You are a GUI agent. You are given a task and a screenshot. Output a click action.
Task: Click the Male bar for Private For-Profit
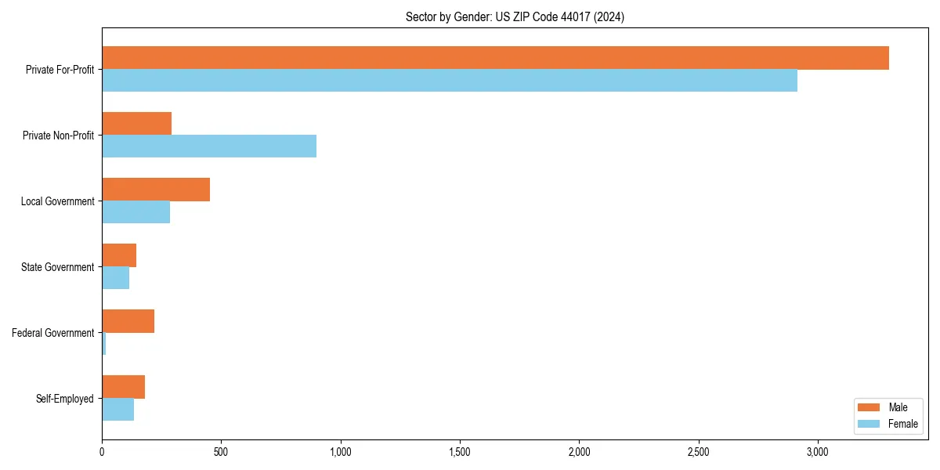[495, 58]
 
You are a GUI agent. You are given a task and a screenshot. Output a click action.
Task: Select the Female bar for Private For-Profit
[450, 81]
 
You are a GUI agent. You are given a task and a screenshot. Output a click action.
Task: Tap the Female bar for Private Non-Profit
[209, 146]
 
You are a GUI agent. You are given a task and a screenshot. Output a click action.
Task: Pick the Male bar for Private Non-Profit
[137, 124]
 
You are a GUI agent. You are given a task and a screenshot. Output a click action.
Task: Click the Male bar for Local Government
[156, 190]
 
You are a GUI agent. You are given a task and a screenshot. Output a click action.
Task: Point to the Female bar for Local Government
[136, 212]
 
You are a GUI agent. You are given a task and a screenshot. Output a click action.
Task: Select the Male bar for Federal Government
[128, 321]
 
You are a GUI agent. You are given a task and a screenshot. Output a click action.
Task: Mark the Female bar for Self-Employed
[118, 410]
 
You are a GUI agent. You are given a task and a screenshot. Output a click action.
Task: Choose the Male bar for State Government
[119, 255]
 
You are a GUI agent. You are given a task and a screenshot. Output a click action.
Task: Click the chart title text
[515, 16]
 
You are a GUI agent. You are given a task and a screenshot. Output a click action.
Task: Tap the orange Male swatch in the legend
[869, 407]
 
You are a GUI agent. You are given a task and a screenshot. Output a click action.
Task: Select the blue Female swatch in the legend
[869, 424]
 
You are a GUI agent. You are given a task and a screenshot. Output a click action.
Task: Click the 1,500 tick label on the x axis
[460, 453]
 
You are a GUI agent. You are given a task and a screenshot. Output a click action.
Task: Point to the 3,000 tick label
[817, 453]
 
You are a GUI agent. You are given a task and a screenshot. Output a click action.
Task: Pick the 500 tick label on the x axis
[221, 453]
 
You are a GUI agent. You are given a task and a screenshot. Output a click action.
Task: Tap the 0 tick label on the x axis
[102, 453]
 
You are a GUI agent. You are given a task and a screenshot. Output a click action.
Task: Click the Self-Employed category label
[65, 399]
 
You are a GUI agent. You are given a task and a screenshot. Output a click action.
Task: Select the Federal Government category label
[53, 333]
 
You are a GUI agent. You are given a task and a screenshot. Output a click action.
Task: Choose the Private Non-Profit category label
[58, 136]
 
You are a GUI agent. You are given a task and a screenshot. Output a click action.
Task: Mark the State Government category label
[57, 267]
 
